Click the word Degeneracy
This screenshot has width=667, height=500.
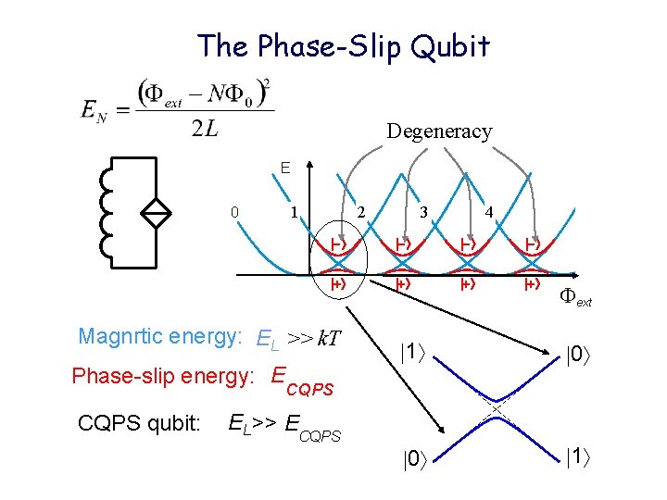pyautogui.click(x=439, y=131)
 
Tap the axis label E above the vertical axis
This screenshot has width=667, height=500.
pyautogui.click(x=286, y=168)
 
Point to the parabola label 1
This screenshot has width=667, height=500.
pyautogui.click(x=294, y=212)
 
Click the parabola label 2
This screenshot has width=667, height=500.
pyautogui.click(x=361, y=212)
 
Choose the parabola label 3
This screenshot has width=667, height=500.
pyautogui.click(x=422, y=212)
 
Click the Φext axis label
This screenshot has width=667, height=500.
pyautogui.click(x=574, y=297)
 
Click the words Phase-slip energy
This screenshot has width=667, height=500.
pyautogui.click(x=162, y=377)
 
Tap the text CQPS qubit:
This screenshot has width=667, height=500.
pyautogui.click(x=139, y=423)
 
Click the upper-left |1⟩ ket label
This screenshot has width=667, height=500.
pyautogui.click(x=413, y=352)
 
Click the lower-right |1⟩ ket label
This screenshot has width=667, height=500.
pyautogui.click(x=577, y=454)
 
